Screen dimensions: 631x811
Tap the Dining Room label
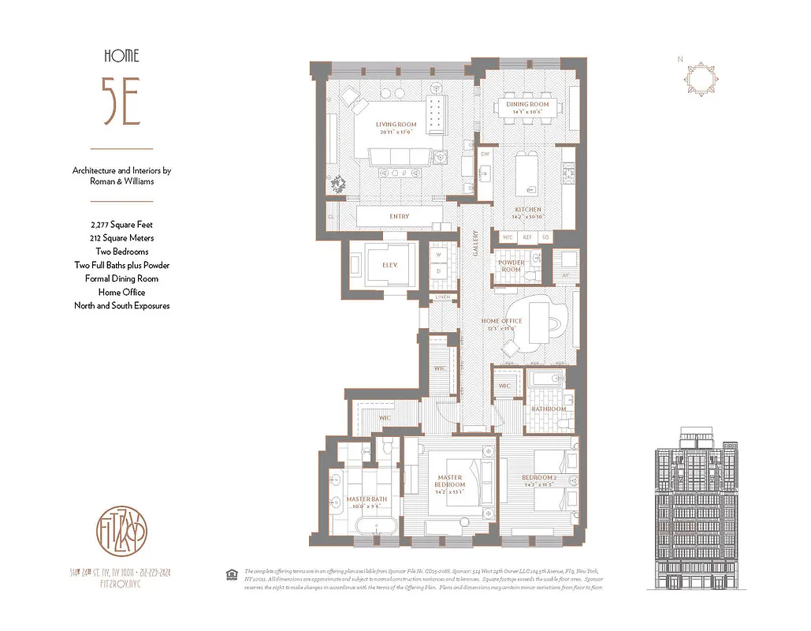coord(527,104)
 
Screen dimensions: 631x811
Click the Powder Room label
coord(512,266)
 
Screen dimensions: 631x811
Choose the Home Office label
coord(502,321)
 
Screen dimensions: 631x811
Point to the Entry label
coord(400,216)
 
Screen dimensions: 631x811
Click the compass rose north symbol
coord(701,80)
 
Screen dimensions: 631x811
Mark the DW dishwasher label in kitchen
coord(485,155)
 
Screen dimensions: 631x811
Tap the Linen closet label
coord(443,297)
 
